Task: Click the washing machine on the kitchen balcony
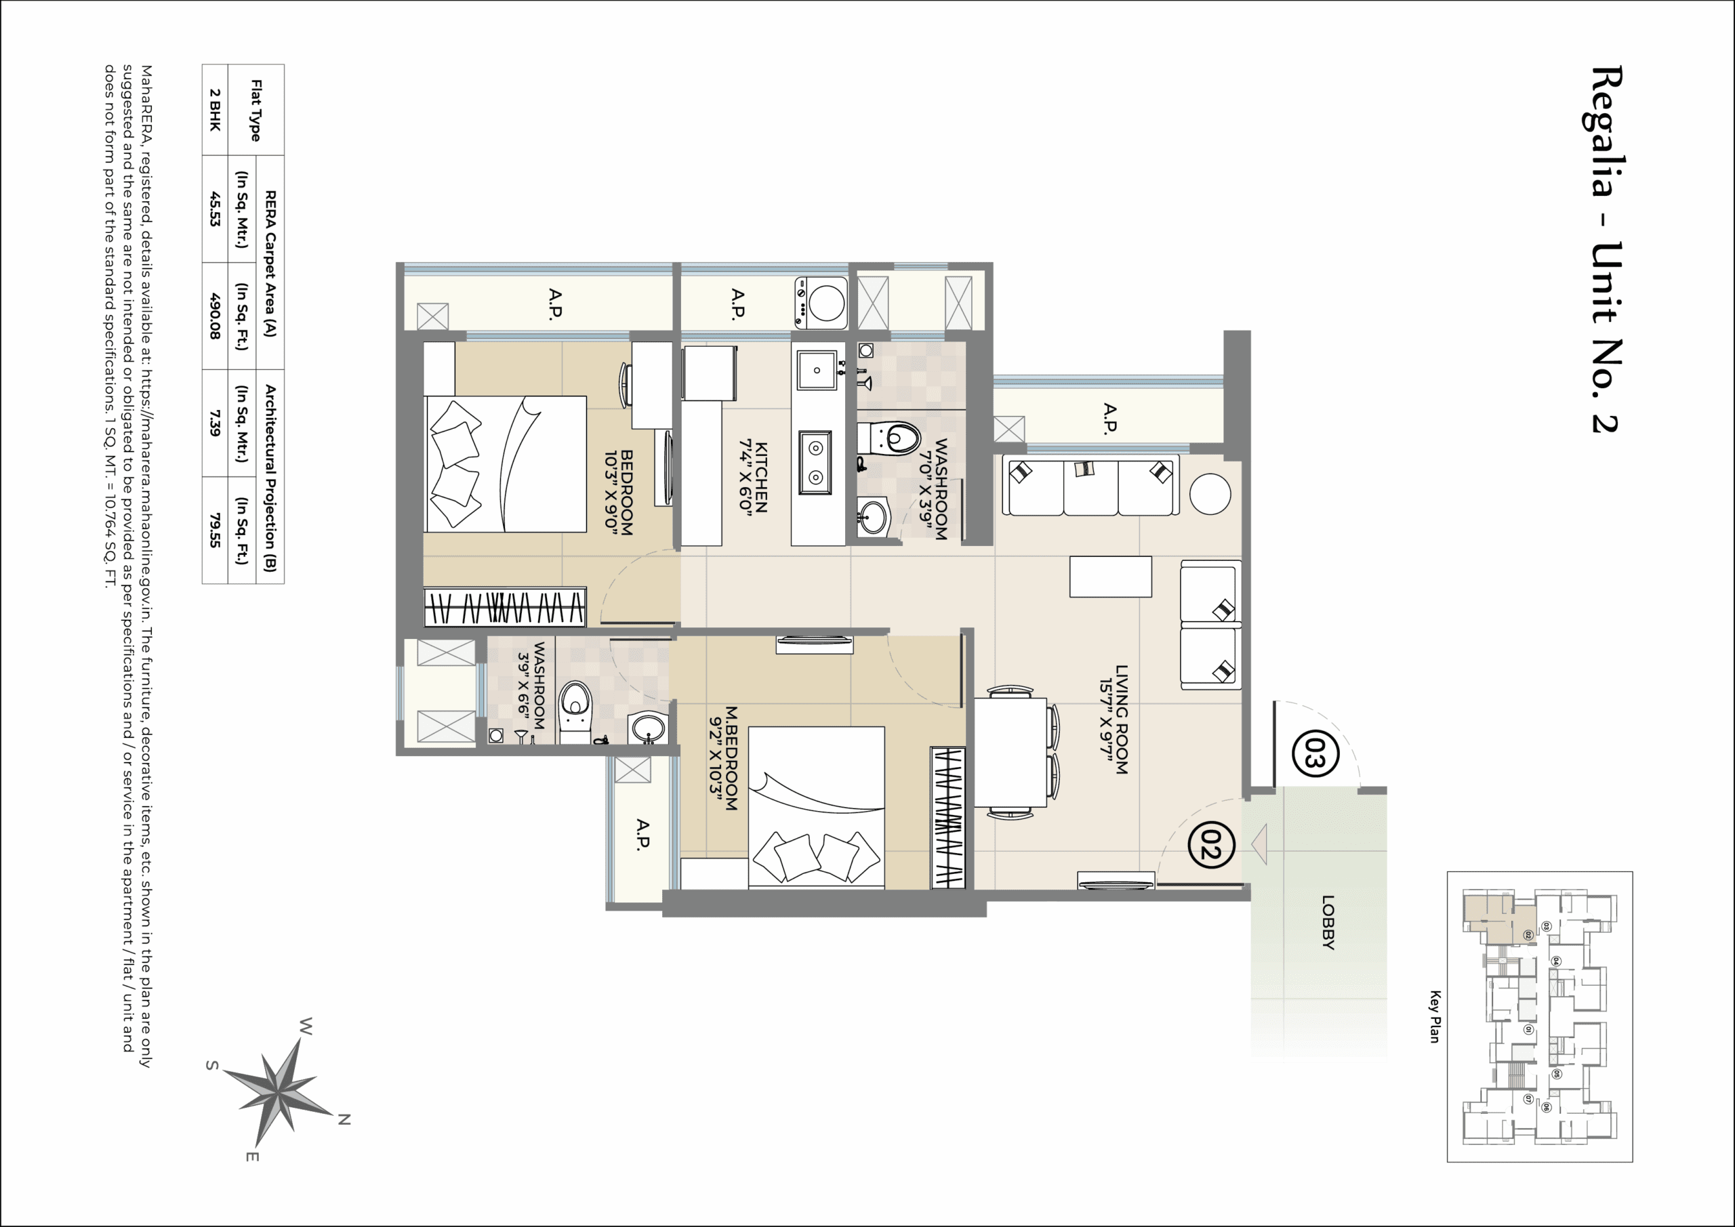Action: click(x=822, y=303)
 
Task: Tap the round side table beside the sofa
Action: click(x=1210, y=494)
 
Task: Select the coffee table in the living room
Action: click(x=1110, y=577)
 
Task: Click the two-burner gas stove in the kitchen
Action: click(x=815, y=462)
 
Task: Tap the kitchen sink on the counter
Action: click(x=817, y=370)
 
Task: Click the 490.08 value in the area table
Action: click(x=216, y=316)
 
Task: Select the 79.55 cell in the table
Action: click(x=216, y=531)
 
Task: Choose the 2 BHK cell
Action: click(x=216, y=110)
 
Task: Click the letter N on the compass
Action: click(x=344, y=1120)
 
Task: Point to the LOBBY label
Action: click(x=1328, y=921)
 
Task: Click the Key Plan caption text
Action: click(x=1434, y=1017)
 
